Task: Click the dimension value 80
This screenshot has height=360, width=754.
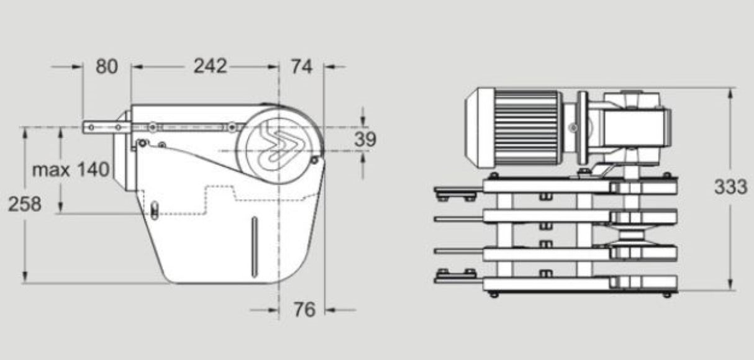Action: [106, 66]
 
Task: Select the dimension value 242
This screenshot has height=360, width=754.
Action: [209, 66]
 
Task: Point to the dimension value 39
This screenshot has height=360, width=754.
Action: [365, 139]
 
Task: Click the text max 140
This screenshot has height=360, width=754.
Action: [71, 169]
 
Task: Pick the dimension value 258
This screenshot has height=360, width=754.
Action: [25, 204]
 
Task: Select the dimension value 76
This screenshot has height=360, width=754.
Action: [304, 309]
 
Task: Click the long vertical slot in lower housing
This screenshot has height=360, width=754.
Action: [254, 246]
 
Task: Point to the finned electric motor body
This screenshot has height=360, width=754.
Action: [528, 127]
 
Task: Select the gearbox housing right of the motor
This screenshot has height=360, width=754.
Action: [634, 124]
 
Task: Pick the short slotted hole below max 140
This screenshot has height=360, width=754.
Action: [154, 210]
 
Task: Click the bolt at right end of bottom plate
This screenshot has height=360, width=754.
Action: [666, 294]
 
